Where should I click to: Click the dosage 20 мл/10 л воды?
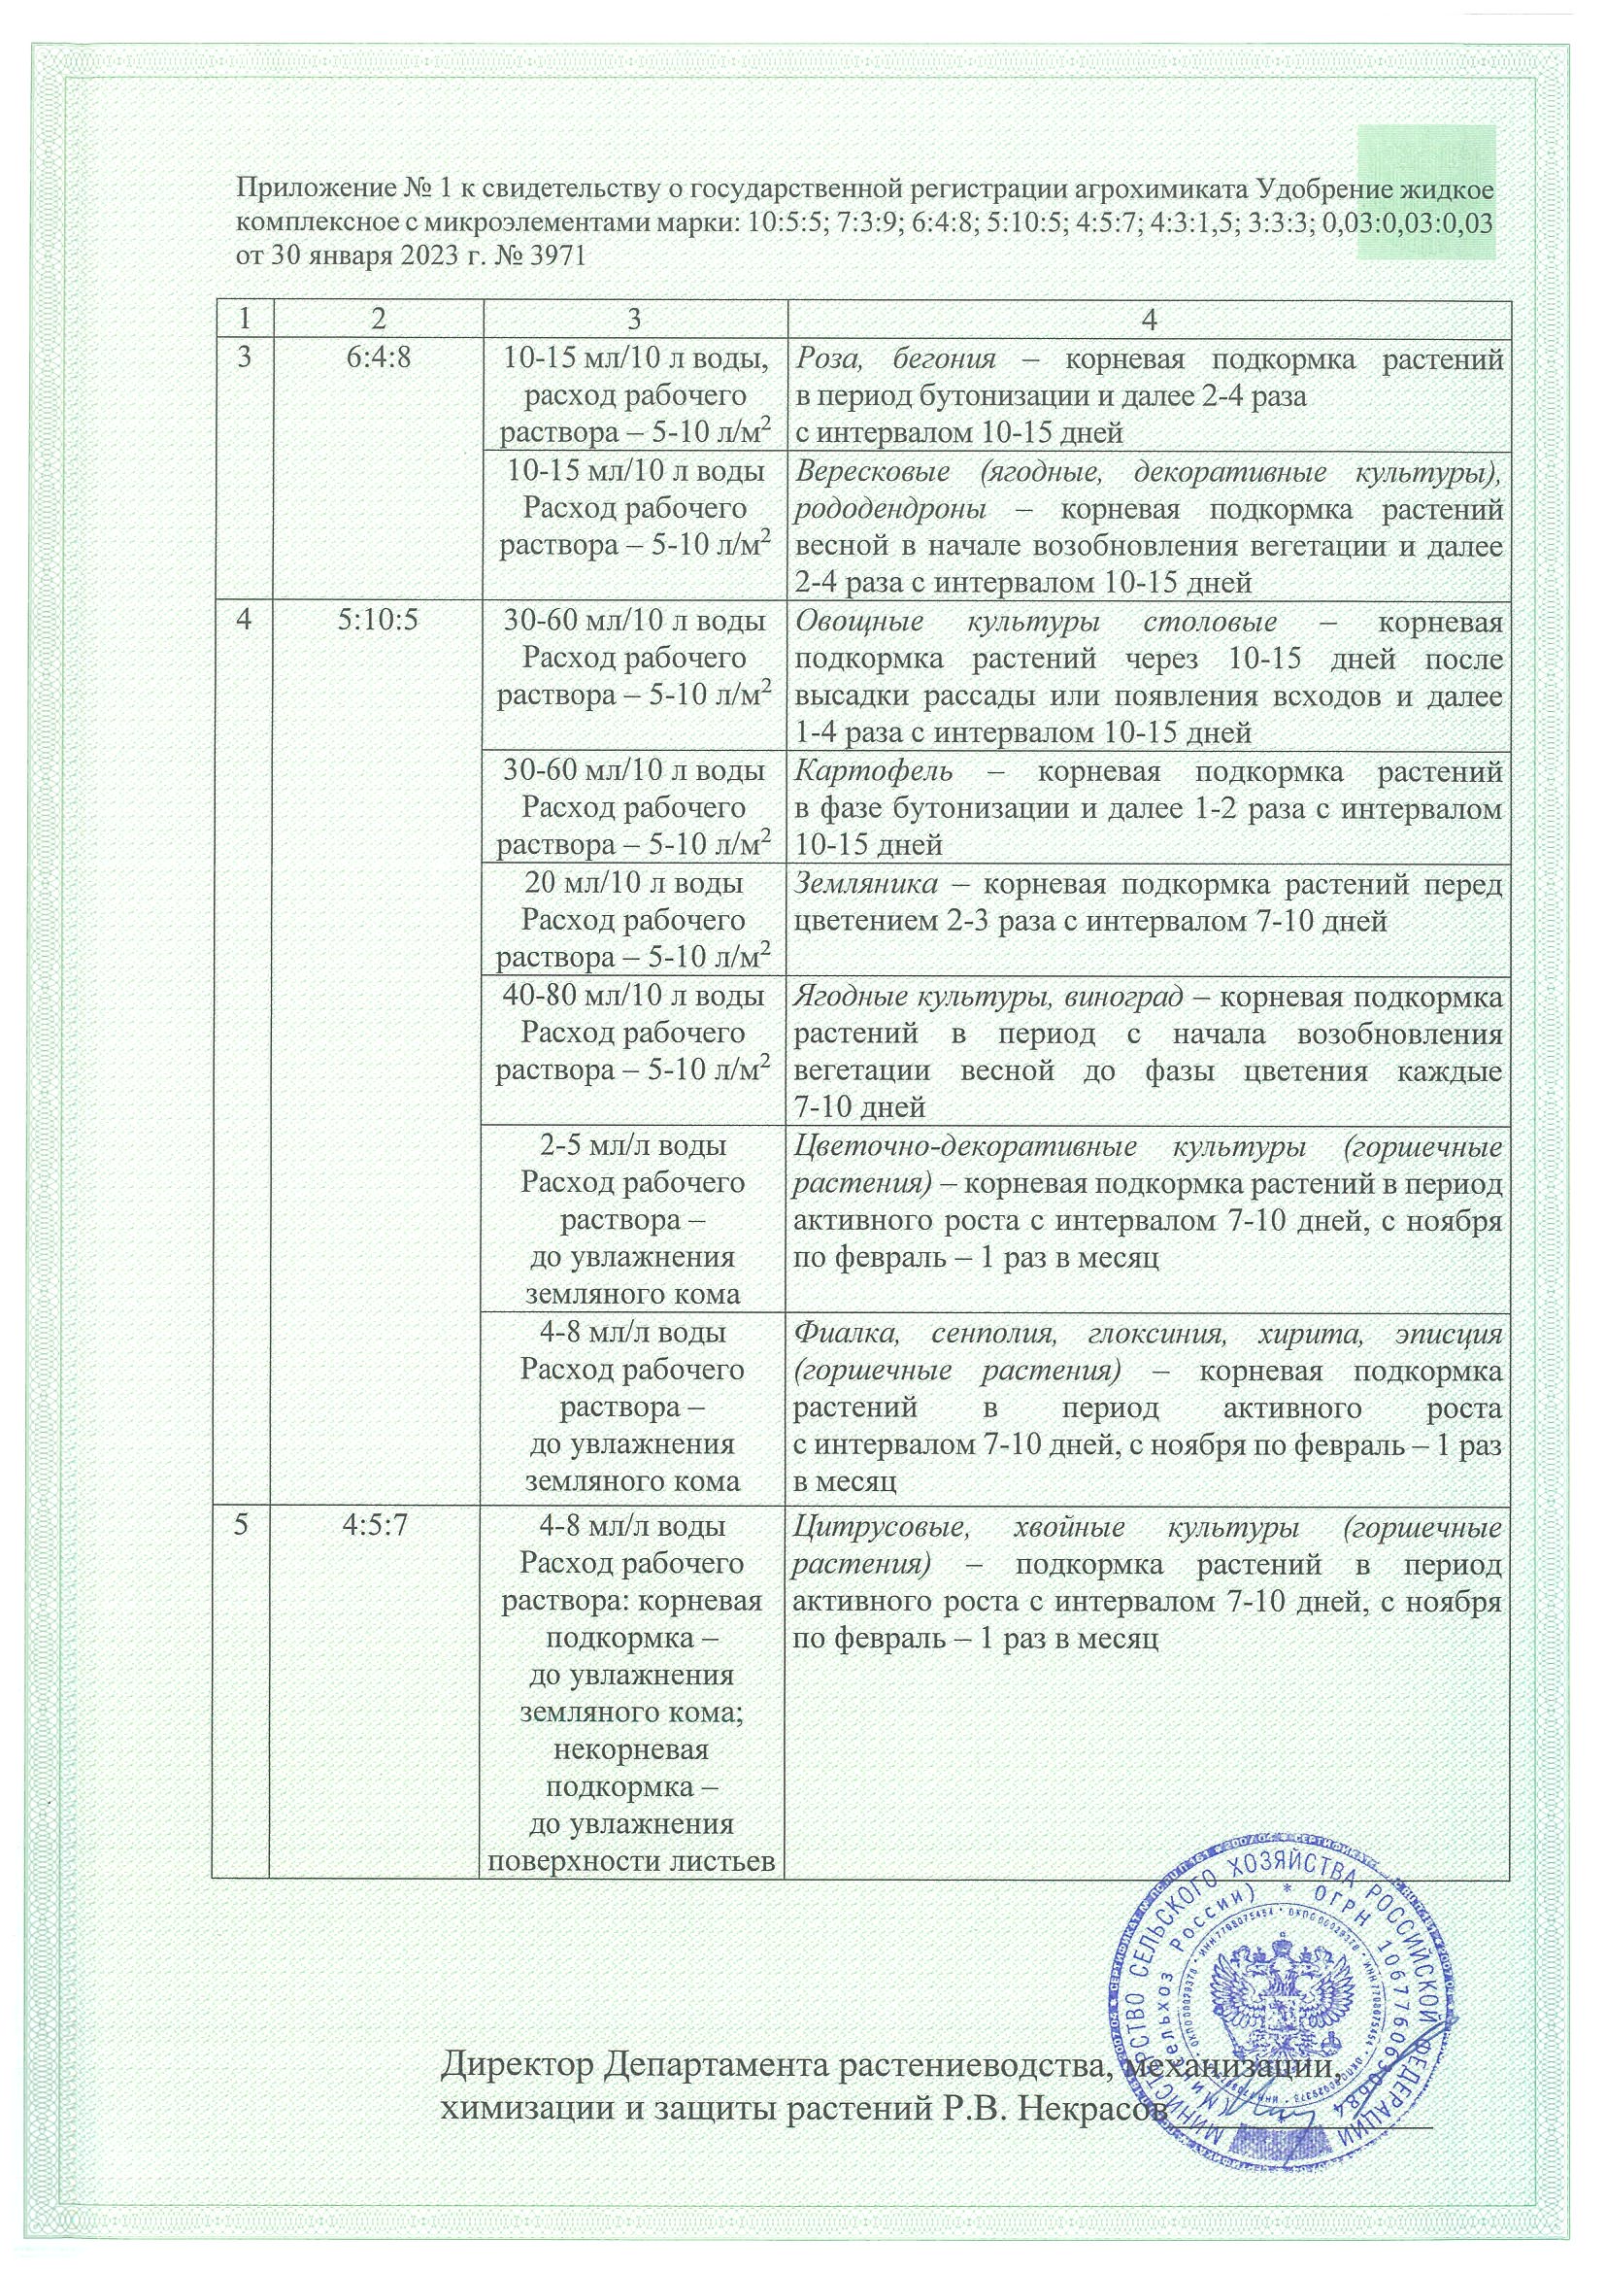click(x=633, y=883)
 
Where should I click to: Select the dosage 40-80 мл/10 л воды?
click(x=633, y=996)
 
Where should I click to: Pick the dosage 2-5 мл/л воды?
click(x=633, y=1145)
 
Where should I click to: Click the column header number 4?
click(x=1149, y=319)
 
